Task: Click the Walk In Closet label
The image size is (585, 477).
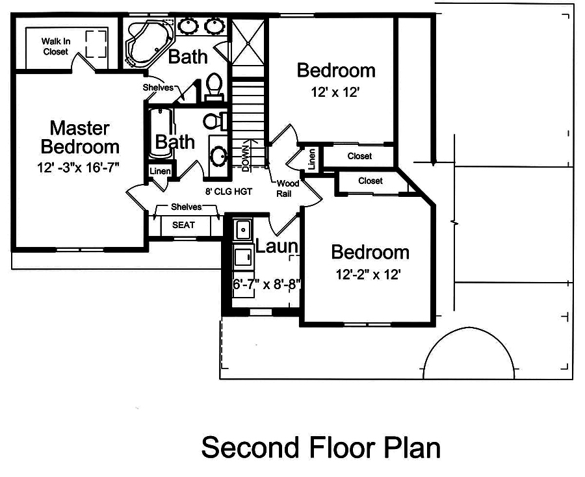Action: [x=55, y=45]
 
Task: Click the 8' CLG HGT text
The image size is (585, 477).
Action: [x=229, y=191]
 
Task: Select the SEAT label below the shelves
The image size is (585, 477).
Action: [x=183, y=226]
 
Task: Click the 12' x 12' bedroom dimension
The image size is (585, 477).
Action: [x=335, y=92]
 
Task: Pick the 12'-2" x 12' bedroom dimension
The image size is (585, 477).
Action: [x=368, y=275]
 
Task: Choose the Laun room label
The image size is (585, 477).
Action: [x=276, y=246]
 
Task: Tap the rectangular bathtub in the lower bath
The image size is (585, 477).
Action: [x=160, y=133]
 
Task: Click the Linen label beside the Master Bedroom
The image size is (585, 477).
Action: [x=160, y=172]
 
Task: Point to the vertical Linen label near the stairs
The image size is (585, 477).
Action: [x=312, y=159]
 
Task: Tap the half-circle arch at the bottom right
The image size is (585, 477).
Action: [x=470, y=354]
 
